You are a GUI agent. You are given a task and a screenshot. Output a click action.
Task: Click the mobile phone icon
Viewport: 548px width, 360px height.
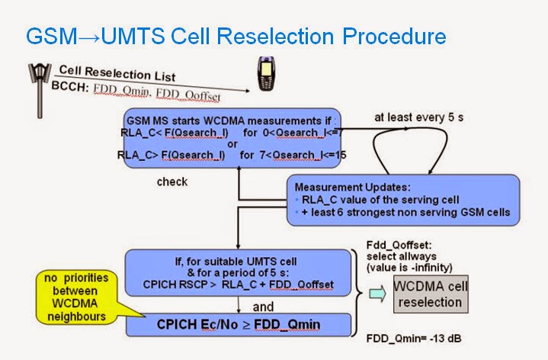click(267, 79)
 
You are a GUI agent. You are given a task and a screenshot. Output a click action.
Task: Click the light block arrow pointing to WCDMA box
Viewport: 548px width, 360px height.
click(377, 294)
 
